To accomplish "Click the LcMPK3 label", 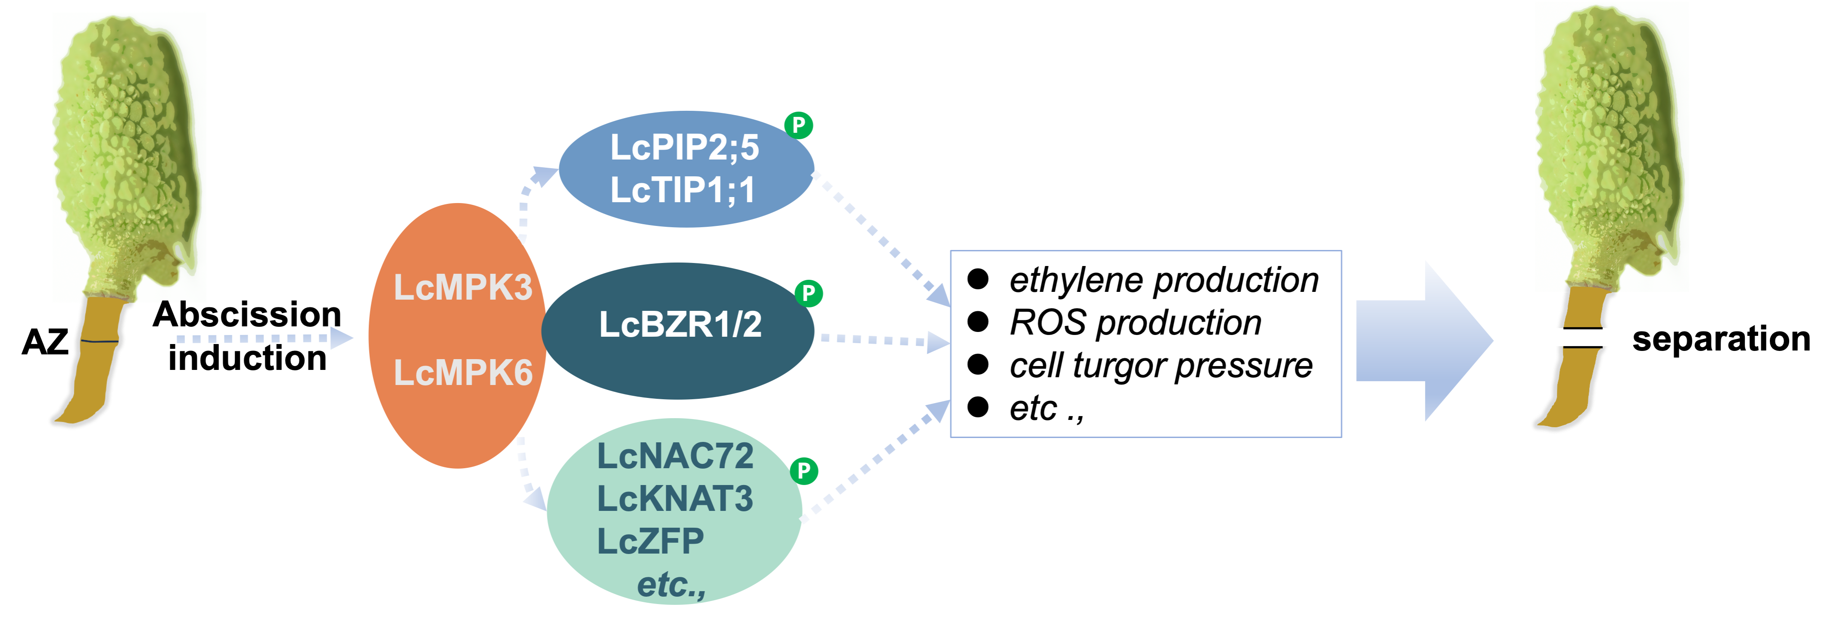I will click(463, 288).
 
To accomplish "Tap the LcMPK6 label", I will click(463, 372).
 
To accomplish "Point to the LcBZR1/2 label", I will click(680, 325).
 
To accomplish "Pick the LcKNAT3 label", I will click(674, 498).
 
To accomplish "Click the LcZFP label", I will click(650, 541).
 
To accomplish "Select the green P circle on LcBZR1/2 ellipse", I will click(808, 293).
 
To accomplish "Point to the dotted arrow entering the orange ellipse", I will click(263, 338).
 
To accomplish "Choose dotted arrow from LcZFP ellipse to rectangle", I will click(876, 463).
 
